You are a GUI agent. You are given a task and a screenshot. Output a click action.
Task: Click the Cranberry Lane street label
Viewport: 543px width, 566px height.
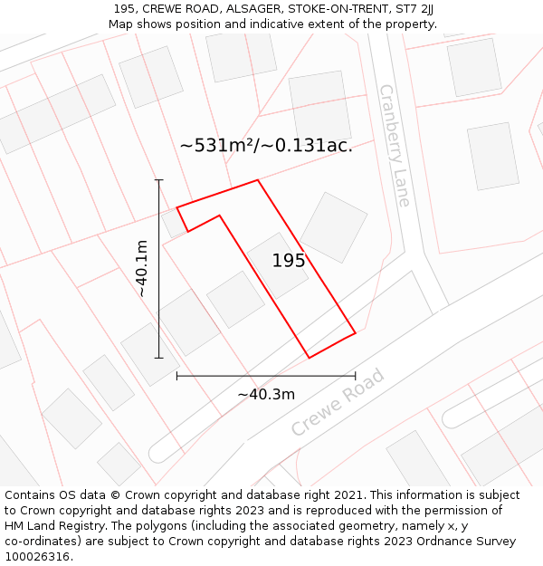(395, 145)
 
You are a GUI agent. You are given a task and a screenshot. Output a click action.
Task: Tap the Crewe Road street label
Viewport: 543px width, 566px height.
(338, 403)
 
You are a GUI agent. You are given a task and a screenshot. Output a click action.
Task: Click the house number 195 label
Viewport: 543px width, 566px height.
(288, 261)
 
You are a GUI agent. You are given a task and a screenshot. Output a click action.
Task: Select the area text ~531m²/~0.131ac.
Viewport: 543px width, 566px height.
(266, 145)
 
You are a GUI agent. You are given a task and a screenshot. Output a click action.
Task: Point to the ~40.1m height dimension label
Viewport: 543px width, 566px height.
(141, 268)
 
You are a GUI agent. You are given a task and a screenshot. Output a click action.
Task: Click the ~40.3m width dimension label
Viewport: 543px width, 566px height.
(266, 394)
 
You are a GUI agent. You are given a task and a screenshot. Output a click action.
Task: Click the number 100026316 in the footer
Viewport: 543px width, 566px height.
(37, 556)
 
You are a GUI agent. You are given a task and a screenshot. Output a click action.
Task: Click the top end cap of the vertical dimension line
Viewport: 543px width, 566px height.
(159, 180)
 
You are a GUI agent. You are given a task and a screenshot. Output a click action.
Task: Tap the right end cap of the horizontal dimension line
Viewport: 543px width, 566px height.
(355, 375)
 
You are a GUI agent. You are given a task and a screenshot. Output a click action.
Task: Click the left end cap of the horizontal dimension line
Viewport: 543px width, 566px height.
(176, 375)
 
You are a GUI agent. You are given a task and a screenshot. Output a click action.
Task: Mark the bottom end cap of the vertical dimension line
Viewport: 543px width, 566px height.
(159, 358)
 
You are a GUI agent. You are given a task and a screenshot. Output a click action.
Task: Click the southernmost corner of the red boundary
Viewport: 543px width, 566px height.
(310, 358)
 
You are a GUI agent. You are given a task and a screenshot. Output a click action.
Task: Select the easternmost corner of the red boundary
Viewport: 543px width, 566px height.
(355, 332)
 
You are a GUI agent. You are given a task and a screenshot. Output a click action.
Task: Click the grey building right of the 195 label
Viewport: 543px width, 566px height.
(334, 226)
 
